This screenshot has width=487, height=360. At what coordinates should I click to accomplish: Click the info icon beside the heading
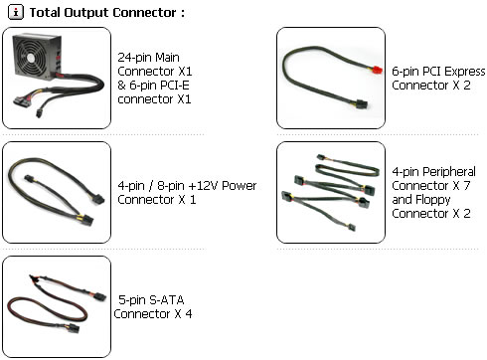click(x=16, y=13)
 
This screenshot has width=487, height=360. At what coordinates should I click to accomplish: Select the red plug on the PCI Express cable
click(x=377, y=70)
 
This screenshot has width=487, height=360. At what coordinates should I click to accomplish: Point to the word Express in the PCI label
click(x=465, y=72)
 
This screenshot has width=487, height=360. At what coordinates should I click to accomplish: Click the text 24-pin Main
click(x=148, y=58)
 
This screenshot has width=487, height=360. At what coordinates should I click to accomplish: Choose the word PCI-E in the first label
click(x=175, y=86)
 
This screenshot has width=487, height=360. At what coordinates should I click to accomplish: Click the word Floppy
click(x=433, y=200)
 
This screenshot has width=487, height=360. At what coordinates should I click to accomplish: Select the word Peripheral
click(x=449, y=172)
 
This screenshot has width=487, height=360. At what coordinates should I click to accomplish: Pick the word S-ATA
click(x=167, y=300)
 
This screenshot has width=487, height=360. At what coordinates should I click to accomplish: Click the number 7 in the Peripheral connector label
click(x=467, y=186)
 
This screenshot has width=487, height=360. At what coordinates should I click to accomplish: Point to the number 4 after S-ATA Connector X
click(x=189, y=313)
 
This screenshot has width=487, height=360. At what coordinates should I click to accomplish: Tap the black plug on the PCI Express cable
click(x=362, y=104)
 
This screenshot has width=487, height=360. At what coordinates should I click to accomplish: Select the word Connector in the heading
click(x=144, y=13)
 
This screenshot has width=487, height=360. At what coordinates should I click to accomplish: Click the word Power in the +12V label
click(x=240, y=186)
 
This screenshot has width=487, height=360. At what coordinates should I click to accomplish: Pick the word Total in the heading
click(x=45, y=13)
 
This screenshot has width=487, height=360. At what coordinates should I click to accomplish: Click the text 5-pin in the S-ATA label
click(x=132, y=300)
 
